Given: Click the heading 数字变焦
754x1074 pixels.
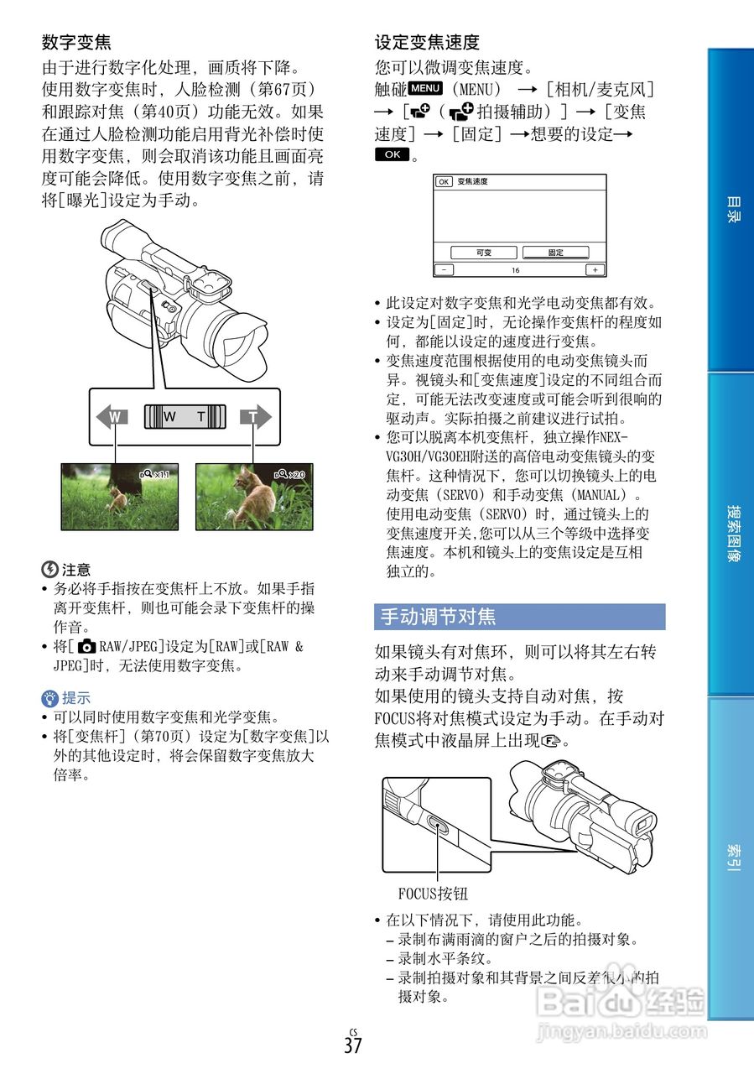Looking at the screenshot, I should click(x=76, y=41).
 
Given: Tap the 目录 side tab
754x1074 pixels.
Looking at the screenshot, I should click(x=731, y=210).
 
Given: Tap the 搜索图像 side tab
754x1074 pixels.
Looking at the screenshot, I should click(x=731, y=534).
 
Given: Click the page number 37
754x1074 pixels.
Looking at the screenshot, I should click(x=352, y=1045).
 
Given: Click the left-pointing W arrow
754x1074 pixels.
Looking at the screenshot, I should click(x=112, y=417).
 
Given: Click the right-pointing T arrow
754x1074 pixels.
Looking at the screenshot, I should click(x=255, y=417).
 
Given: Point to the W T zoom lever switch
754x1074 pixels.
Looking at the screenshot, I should click(x=185, y=417).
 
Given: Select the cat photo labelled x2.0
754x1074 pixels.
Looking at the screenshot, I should click(x=253, y=497).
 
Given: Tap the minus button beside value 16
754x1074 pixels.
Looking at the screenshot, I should click(x=443, y=270).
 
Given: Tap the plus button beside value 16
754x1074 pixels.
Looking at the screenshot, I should click(x=595, y=270).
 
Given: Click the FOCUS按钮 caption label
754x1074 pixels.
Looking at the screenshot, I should click(x=433, y=893).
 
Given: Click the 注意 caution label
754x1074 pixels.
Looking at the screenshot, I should click(x=75, y=569).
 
